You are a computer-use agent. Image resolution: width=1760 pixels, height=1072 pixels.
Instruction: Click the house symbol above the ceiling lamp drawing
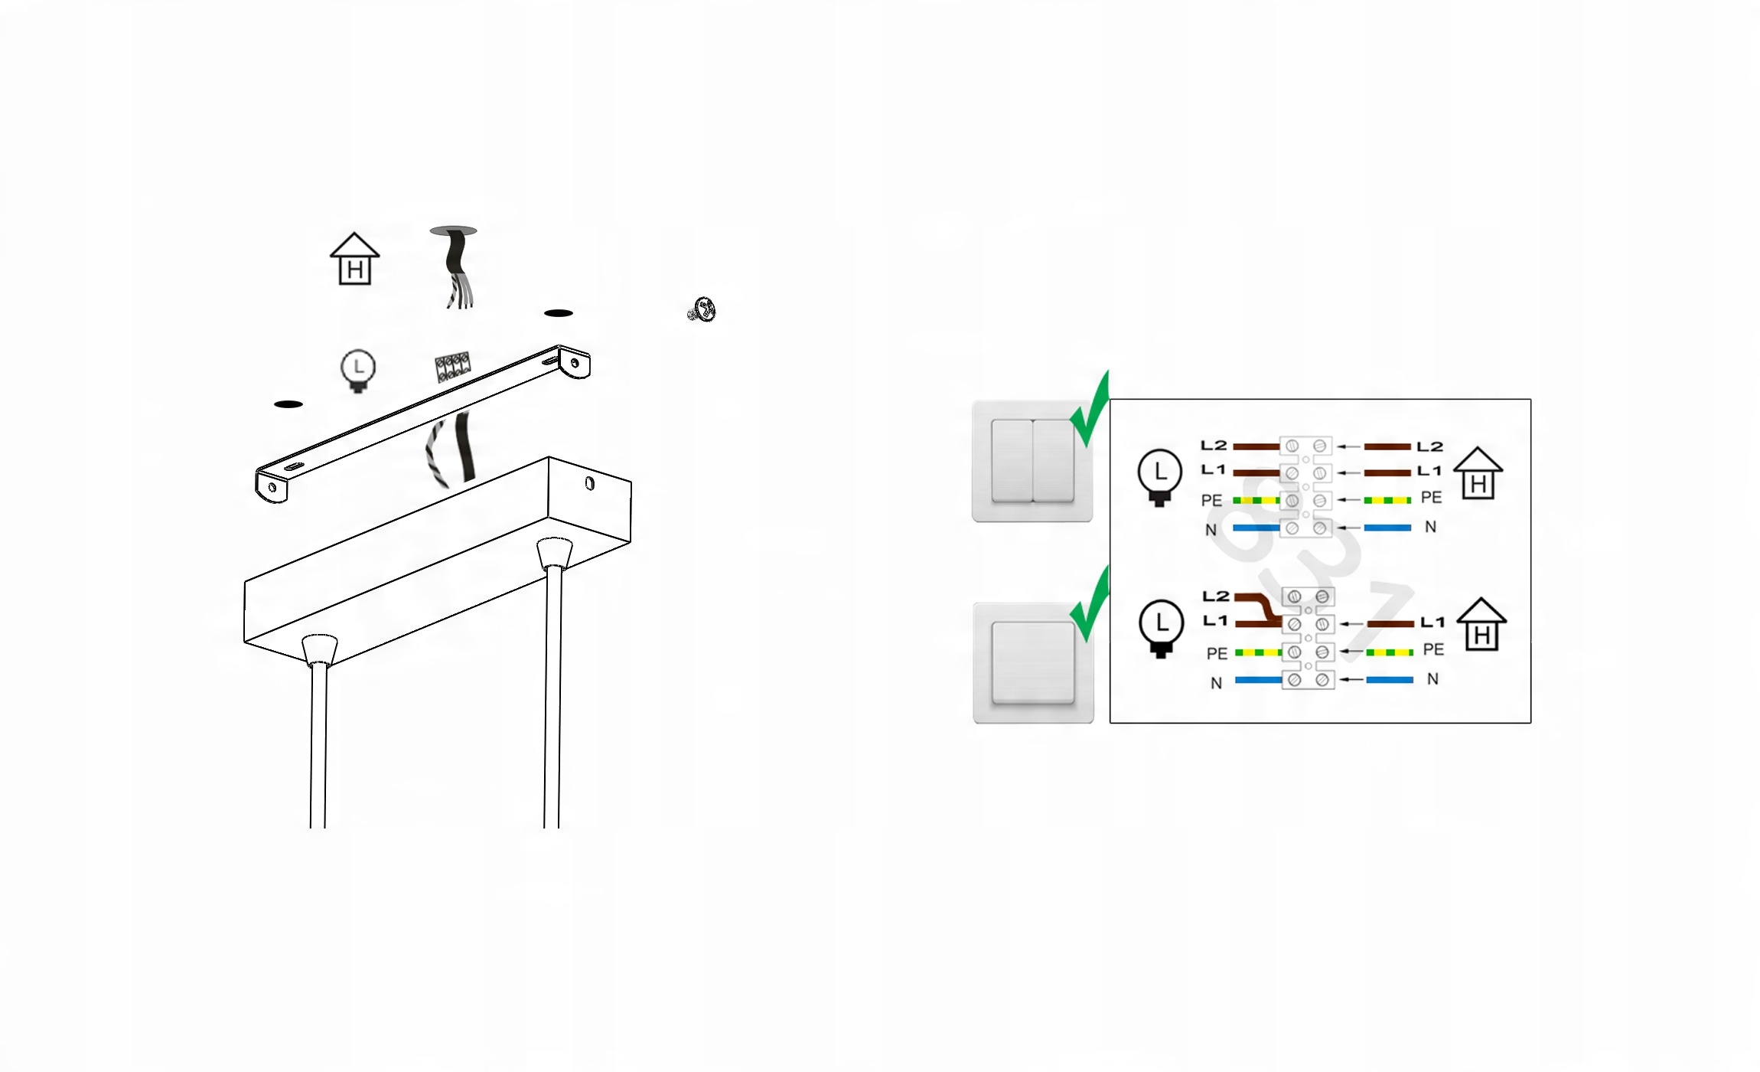click(354, 259)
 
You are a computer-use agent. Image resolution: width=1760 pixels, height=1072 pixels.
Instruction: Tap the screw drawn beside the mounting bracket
click(702, 310)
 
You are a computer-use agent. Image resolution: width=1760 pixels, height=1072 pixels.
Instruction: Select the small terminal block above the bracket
click(452, 367)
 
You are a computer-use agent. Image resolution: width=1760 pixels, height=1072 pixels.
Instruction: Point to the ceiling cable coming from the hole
click(457, 268)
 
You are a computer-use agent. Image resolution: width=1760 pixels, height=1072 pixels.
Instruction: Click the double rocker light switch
click(1032, 461)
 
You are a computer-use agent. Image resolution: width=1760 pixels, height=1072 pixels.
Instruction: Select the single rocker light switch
click(1033, 662)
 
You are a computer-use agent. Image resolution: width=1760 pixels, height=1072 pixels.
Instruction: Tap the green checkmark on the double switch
click(1090, 410)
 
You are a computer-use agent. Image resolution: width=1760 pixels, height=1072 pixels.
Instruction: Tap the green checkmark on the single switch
click(1090, 605)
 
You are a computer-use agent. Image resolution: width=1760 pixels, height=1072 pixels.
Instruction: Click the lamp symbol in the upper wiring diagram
click(1160, 477)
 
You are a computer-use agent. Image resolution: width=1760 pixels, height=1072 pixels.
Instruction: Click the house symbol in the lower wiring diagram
click(1481, 624)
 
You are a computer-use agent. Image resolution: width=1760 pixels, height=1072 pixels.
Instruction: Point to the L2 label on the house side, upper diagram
click(1429, 446)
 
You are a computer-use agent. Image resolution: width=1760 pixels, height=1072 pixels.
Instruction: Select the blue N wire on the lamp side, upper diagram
click(1256, 528)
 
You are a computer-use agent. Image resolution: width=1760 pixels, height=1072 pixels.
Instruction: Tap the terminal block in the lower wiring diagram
click(1308, 639)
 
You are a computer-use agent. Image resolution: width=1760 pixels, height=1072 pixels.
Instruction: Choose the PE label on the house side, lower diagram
click(1433, 649)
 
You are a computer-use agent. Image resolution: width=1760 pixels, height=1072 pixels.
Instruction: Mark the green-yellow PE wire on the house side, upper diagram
click(1387, 500)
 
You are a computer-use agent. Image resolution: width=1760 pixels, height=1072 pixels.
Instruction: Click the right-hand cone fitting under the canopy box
click(555, 553)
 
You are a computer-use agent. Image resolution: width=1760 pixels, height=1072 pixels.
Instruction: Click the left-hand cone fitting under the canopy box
click(320, 649)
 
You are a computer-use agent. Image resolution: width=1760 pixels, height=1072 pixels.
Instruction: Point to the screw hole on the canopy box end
click(589, 483)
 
